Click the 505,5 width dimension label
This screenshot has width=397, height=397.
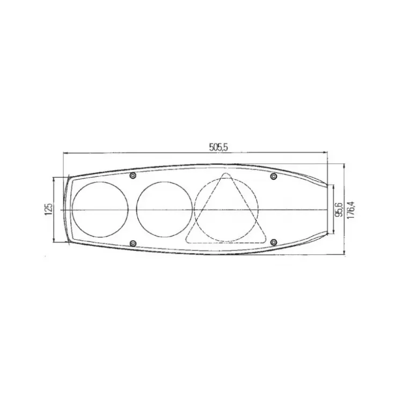coord(218,147)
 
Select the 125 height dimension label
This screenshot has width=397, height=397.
coord(49,209)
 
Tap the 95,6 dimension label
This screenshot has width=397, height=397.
coord(339,210)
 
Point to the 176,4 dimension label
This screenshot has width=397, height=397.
coord(350,210)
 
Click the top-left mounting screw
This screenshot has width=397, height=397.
coord(133,175)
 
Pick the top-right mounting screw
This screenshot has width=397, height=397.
coord(274,176)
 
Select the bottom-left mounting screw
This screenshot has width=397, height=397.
coord(133,244)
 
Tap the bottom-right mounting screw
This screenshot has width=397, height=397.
coord(274,242)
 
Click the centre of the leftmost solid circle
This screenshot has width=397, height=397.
coord(100,209)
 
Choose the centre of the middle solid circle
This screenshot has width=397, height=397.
coord(164,209)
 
